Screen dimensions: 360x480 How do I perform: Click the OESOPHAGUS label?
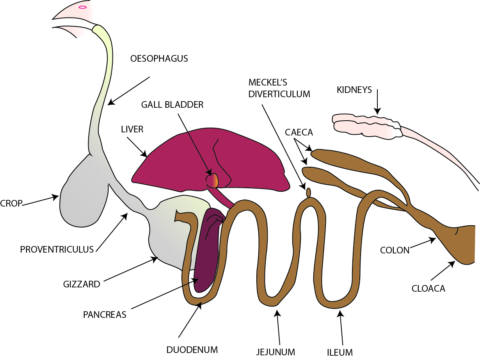[x=159, y=59]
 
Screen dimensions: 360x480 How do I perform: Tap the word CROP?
[x=11, y=203]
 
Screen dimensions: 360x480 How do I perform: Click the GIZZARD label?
[x=82, y=284]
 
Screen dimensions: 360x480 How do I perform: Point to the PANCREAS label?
[x=105, y=315]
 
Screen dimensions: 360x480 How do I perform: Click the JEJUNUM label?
[x=276, y=352]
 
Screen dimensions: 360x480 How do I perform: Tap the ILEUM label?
[x=340, y=352]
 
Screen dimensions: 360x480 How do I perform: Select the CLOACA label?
[x=428, y=289]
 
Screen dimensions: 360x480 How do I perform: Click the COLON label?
[x=395, y=250]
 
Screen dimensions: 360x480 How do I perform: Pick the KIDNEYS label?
[x=354, y=90]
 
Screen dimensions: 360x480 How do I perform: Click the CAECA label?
[x=299, y=132]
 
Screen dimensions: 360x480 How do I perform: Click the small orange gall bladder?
[x=213, y=180]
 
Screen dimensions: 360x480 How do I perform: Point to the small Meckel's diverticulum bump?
[x=308, y=192]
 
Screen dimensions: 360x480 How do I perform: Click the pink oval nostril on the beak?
[x=83, y=7]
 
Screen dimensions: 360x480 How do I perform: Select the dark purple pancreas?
[x=207, y=250]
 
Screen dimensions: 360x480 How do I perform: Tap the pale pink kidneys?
[x=367, y=125]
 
